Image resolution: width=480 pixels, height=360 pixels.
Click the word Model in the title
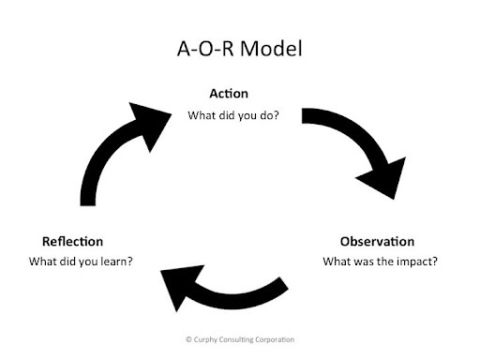click(x=271, y=49)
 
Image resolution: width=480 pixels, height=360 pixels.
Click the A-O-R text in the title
click(x=205, y=49)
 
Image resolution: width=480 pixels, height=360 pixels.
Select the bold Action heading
click(x=229, y=94)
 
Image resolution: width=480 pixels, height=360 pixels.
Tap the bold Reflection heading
click(x=72, y=241)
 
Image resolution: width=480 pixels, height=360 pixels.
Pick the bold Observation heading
click(x=377, y=241)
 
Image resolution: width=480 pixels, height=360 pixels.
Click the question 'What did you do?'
click(x=233, y=115)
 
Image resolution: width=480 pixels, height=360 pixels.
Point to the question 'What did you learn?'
click(x=81, y=262)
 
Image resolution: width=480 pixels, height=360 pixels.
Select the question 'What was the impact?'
click(x=380, y=262)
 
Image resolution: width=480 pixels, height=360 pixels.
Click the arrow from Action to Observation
click(x=359, y=134)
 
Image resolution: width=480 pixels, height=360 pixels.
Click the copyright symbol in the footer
click(x=188, y=339)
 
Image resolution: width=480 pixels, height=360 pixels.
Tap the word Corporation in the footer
click(x=275, y=339)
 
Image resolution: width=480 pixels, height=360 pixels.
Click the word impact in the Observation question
click(x=417, y=262)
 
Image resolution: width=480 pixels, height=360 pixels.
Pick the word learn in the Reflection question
click(x=116, y=262)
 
